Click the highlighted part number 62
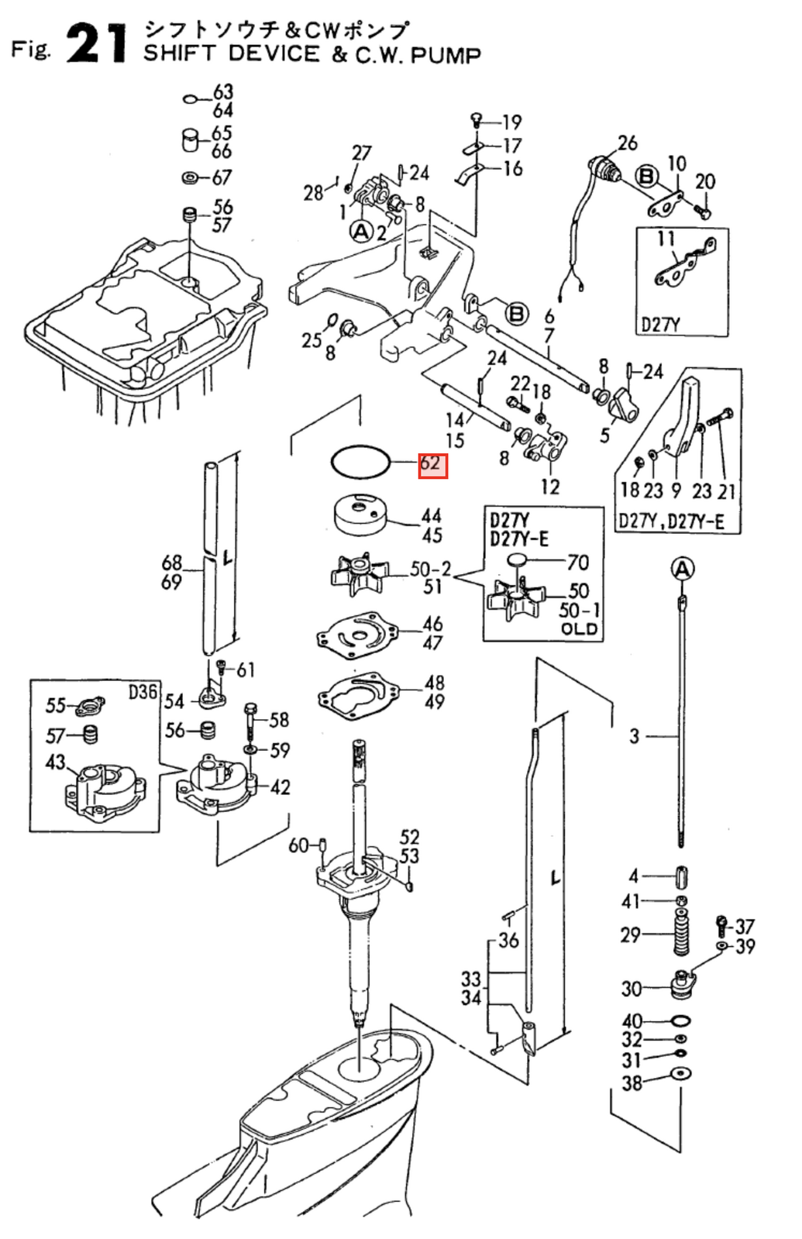point(432,464)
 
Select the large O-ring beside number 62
point(360,463)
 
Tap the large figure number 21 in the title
point(96,44)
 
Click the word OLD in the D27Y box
point(580,628)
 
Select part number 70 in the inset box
point(578,562)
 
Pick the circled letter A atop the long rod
point(682,570)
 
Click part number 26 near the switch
point(627,143)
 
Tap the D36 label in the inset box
point(143,691)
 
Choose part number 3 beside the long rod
point(634,736)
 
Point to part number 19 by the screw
point(511,122)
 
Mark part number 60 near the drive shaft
point(298,845)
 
